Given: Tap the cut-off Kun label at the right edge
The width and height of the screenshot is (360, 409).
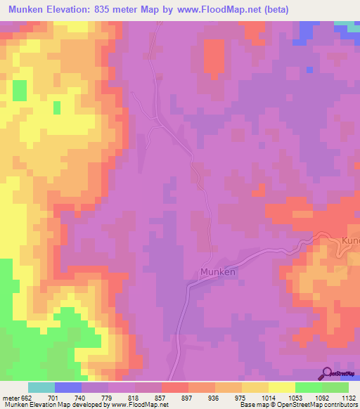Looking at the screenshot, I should coord(349,241).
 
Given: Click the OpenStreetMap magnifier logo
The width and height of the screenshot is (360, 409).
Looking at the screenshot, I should coord(328,372).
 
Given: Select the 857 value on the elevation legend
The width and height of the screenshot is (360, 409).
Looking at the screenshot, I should coord(161,397).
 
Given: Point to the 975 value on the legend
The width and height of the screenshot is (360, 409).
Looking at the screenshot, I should coord(240,397).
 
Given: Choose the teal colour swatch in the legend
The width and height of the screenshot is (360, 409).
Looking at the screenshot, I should coord(41,387).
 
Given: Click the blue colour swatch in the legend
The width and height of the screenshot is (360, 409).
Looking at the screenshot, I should coord(68,387).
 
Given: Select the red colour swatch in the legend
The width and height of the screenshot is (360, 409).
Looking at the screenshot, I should coord(175,387).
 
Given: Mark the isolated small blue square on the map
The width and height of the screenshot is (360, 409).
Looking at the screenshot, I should coord(309,69).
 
